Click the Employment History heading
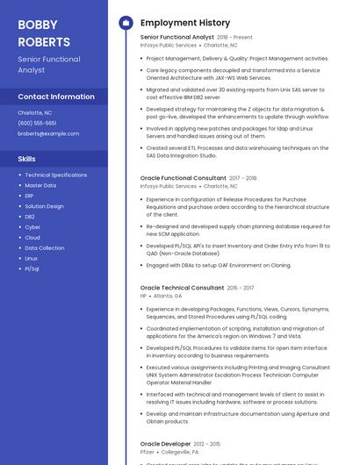pyautogui.click(x=184, y=23)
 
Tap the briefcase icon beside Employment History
pyautogui.click(x=126, y=23)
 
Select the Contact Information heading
pyautogui.click(x=56, y=97)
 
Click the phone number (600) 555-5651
pyautogui.click(x=37, y=123)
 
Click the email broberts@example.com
pyautogui.click(x=48, y=133)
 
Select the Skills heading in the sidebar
pyautogui.click(x=27, y=159)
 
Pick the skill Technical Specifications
pyautogui.click(x=56, y=175)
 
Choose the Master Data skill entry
pyautogui.click(x=40, y=186)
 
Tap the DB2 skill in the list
pyautogui.click(x=30, y=217)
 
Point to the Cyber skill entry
pyautogui.click(x=32, y=227)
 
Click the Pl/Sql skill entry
pyautogui.click(x=32, y=268)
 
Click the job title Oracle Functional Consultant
pyautogui.click(x=183, y=178)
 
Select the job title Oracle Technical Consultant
pyautogui.click(x=182, y=288)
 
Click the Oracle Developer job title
pyautogui.click(x=166, y=444)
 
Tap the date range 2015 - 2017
pyautogui.click(x=241, y=288)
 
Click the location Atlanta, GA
pyautogui.click(x=168, y=297)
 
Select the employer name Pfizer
pyautogui.click(x=148, y=453)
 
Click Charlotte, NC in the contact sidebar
pyautogui.click(x=35, y=113)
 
